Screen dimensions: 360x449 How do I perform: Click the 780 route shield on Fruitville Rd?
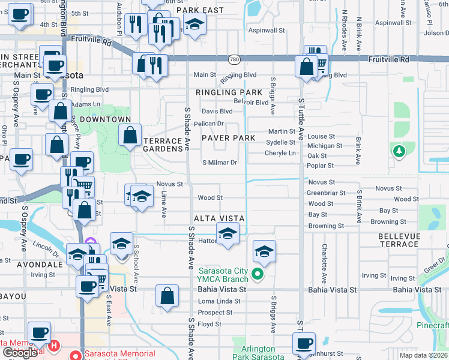[234, 59]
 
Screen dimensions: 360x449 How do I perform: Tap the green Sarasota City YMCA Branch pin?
[258, 274]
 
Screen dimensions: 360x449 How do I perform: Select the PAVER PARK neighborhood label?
[228, 138]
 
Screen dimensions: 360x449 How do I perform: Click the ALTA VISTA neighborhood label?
[218, 218]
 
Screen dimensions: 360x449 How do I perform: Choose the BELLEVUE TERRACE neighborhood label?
[407, 240]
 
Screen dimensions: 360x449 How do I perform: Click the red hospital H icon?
[54, 346]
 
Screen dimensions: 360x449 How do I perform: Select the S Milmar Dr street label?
[220, 163]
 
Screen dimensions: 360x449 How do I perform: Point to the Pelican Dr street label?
[209, 124]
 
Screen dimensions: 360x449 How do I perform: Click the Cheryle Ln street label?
[280, 153]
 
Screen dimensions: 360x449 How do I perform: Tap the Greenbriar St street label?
[326, 193]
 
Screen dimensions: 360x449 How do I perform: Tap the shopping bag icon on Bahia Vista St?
[167, 295]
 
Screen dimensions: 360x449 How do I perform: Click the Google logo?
[20, 353]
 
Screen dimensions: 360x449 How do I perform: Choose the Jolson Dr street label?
[436, 33]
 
